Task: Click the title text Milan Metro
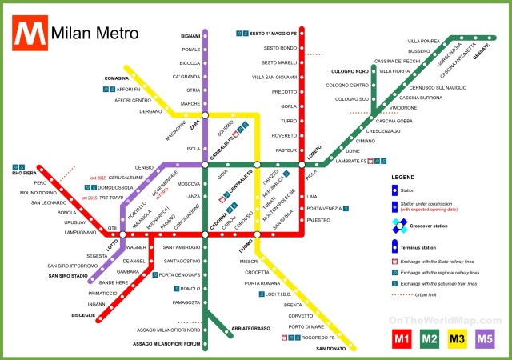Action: click(x=94, y=34)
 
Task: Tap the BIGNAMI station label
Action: click(x=190, y=37)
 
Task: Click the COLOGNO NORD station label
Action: click(x=350, y=71)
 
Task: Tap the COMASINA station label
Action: click(x=117, y=78)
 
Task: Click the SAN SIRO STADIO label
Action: click(x=68, y=276)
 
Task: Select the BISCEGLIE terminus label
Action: click(x=83, y=315)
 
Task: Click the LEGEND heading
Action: click(x=403, y=175)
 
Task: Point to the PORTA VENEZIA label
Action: click(x=324, y=208)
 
